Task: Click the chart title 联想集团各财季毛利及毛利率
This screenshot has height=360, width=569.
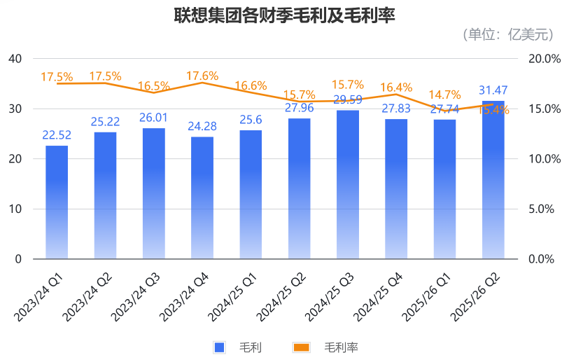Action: point(284,15)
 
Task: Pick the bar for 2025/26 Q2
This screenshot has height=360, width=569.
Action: point(493,182)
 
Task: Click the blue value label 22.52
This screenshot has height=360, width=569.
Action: point(57,135)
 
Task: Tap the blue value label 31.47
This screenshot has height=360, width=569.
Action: point(493,90)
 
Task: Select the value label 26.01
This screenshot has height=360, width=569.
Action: point(153,117)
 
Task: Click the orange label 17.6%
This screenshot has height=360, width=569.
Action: point(202,76)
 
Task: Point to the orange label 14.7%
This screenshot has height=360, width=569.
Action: point(445,95)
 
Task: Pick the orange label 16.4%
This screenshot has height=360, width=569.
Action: point(396,88)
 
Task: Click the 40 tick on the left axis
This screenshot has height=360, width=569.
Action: point(15,59)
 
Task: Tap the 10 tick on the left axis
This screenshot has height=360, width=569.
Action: point(15,209)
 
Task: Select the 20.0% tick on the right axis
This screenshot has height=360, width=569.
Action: point(543,59)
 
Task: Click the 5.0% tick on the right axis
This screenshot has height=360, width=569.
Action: point(543,209)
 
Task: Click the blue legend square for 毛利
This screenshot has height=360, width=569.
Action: point(219,347)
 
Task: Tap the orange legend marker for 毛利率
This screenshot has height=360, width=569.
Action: point(301,347)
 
